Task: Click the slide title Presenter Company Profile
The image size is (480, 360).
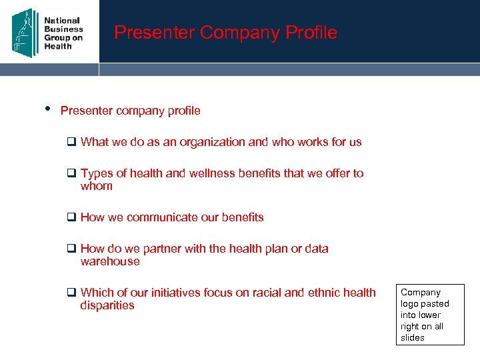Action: click(225, 32)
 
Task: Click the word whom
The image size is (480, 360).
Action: click(97, 186)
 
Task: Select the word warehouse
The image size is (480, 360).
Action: click(110, 261)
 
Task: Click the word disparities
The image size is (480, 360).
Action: click(107, 305)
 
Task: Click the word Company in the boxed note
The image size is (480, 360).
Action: click(421, 292)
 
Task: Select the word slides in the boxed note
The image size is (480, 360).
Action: click(413, 337)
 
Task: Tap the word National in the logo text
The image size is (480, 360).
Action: click(62, 21)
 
